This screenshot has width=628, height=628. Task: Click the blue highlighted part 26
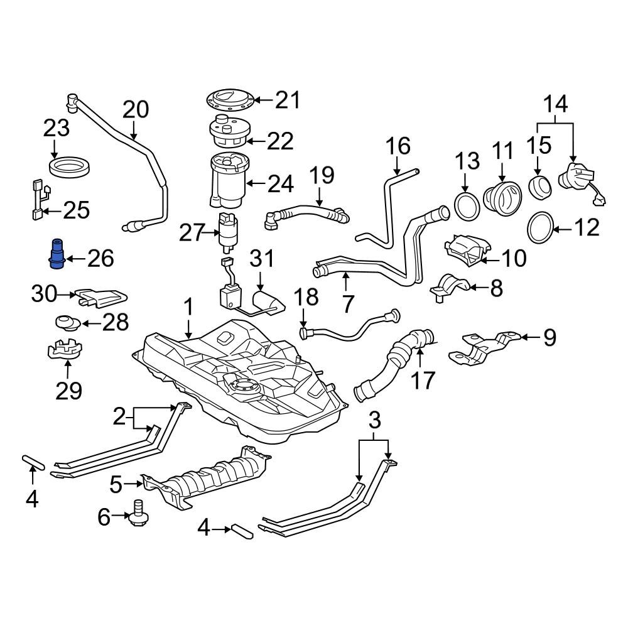click(x=57, y=254)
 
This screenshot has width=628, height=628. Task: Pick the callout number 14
click(x=554, y=103)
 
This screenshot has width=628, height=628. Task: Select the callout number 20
click(x=136, y=109)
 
